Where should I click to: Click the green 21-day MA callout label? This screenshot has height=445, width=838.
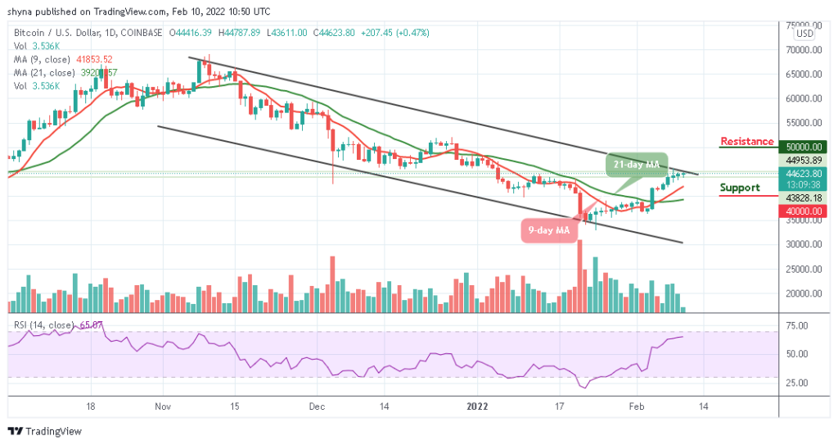637,165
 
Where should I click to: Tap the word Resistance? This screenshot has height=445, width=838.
746,142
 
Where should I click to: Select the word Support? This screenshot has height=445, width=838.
740,188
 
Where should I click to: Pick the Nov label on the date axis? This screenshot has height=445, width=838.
161,406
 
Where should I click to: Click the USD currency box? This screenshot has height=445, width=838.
805,34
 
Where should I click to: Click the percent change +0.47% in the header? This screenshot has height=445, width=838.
412,33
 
